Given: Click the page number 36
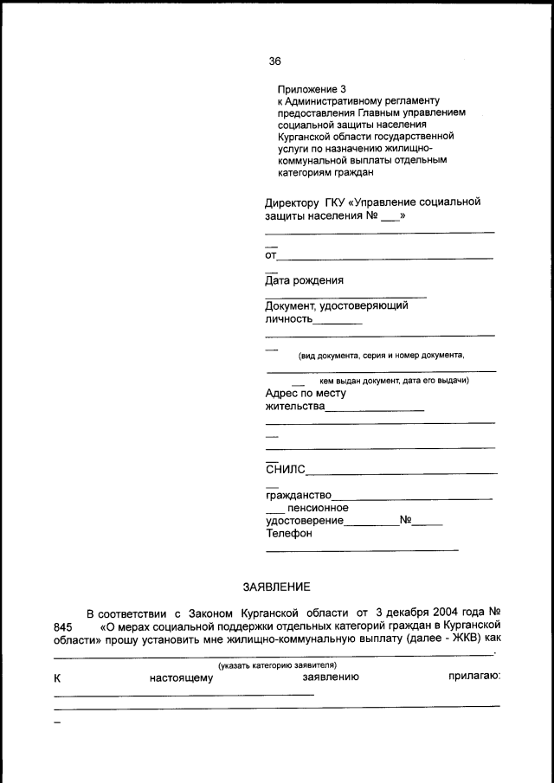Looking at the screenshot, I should click(274, 61).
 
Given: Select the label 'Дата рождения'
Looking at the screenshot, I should click(304, 280).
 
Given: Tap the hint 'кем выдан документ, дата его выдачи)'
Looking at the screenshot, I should click(394, 381).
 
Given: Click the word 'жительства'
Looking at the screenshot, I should click(294, 406).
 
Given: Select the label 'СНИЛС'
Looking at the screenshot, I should click(285, 471).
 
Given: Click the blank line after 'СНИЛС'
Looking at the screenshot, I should click(402, 472).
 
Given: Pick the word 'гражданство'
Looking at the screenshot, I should click(298, 496).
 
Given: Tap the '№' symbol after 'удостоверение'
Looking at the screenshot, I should click(404, 521).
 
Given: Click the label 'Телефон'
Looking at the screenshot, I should click(287, 534).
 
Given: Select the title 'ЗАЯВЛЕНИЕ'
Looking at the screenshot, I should click(276, 587).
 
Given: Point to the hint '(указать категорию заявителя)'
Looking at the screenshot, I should click(277, 665).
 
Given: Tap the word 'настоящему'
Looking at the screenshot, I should click(181, 677).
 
